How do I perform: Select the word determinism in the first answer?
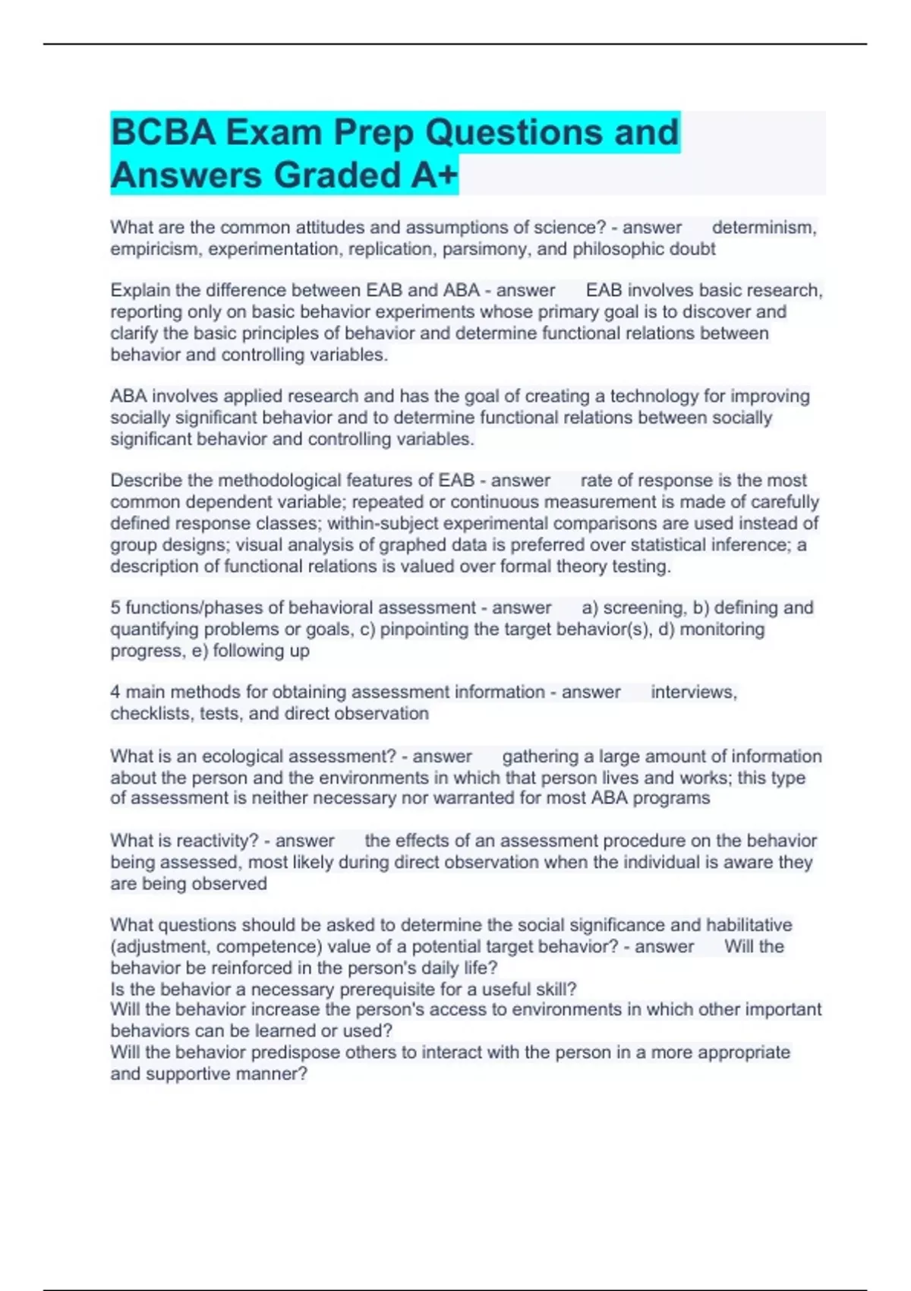pos(763,227)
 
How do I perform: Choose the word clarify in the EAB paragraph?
pos(134,333)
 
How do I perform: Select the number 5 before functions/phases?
pos(115,608)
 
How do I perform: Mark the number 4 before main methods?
pos(115,692)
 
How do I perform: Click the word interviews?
pos(693,692)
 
